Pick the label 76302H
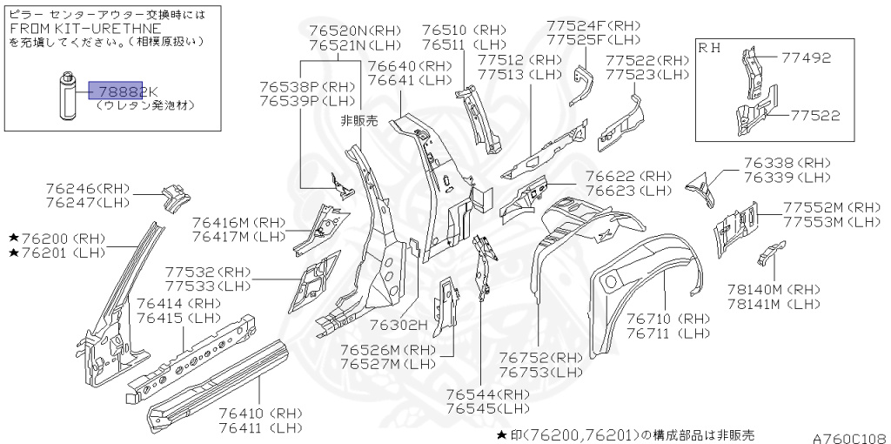[x=399, y=325]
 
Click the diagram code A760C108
[x=848, y=438]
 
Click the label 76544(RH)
[x=487, y=394]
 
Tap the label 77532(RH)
[x=206, y=272]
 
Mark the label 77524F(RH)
[x=593, y=25]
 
